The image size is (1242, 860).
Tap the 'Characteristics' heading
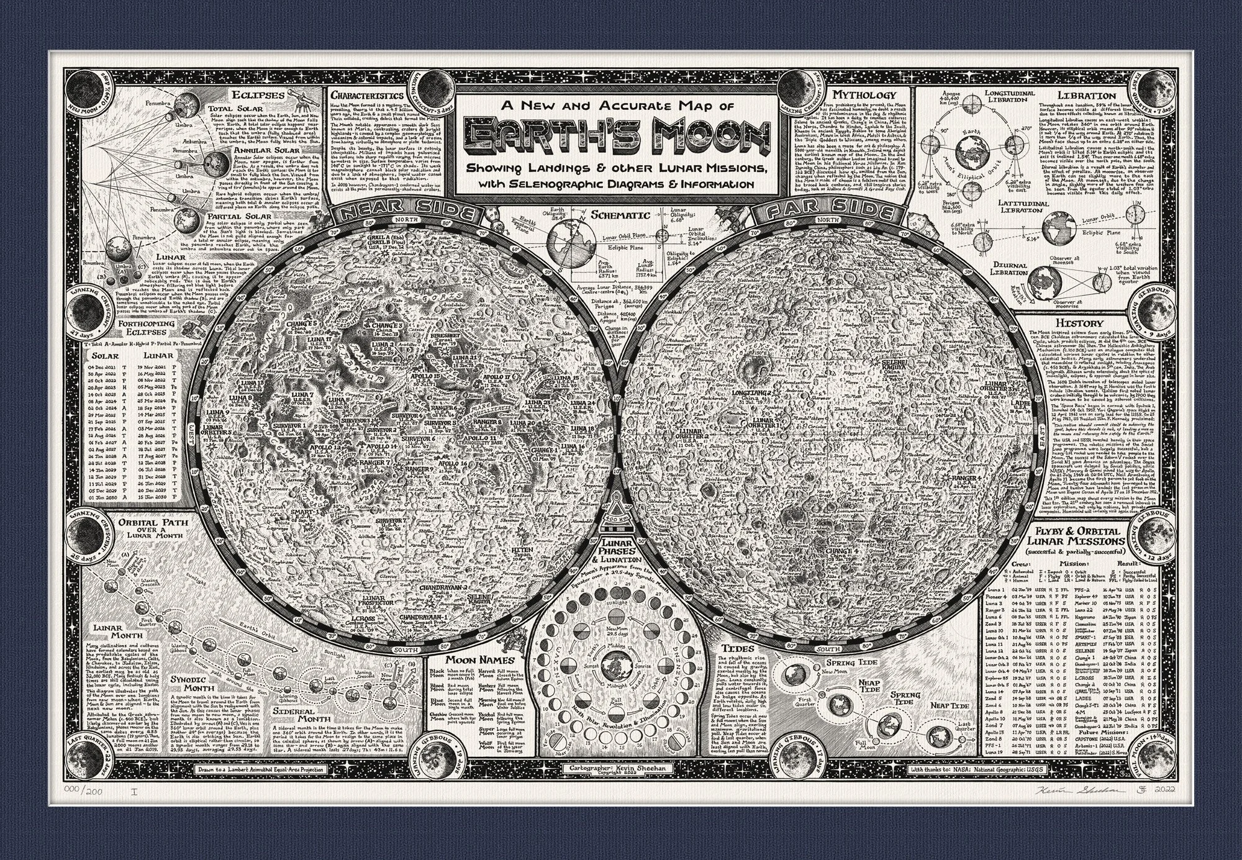(x=367, y=96)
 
